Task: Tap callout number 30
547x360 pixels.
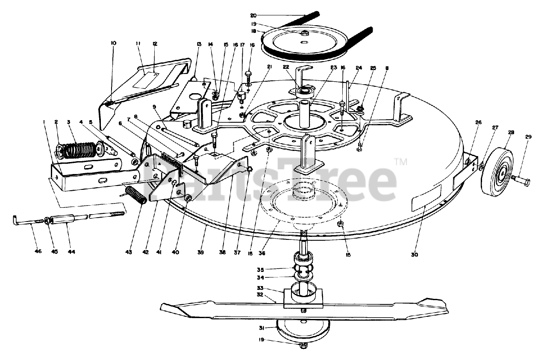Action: (x=414, y=254)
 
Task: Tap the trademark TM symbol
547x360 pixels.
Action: (x=400, y=162)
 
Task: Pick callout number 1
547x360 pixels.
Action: (x=44, y=122)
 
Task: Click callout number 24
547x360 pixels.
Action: (x=359, y=67)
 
